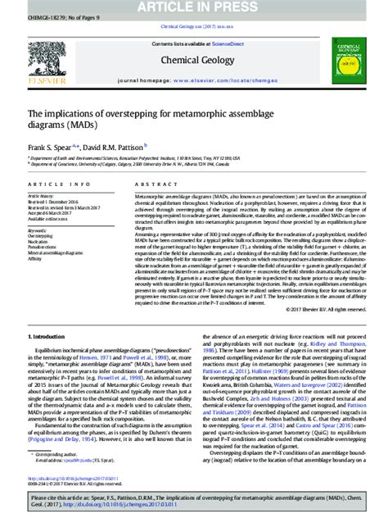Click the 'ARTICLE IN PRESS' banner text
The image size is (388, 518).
(194, 7)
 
